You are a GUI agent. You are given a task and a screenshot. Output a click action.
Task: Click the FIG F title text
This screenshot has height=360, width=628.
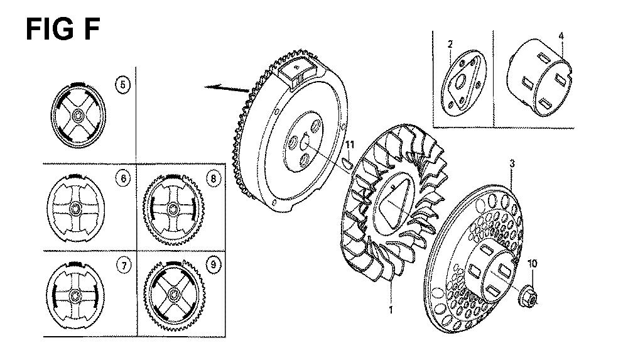pyautogui.click(x=62, y=30)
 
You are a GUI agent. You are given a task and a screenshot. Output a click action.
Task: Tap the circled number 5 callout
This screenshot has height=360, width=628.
pyautogui.click(x=122, y=85)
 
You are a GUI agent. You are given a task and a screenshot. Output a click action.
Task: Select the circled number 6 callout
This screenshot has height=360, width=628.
pyautogui.click(x=123, y=178)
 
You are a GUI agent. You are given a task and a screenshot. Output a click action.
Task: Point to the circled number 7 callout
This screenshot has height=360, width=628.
pyautogui.click(x=124, y=265)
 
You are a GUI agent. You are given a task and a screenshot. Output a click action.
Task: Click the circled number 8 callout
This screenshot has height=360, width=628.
pyautogui.click(x=213, y=178)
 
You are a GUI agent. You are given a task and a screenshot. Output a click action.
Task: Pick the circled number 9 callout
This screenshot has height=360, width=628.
pyautogui.click(x=213, y=265)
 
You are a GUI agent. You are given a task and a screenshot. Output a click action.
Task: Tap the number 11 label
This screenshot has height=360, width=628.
pyautogui.click(x=350, y=145)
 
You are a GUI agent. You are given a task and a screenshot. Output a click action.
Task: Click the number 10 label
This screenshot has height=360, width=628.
pyautogui.click(x=533, y=264)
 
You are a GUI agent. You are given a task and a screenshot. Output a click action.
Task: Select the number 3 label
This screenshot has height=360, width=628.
pyautogui.click(x=512, y=163)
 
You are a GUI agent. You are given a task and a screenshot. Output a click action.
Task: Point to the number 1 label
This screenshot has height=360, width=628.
pyautogui.click(x=391, y=310)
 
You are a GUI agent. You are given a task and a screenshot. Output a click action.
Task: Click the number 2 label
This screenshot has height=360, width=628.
pyautogui.click(x=450, y=44)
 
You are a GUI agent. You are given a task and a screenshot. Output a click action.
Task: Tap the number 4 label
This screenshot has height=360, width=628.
pyautogui.click(x=561, y=36)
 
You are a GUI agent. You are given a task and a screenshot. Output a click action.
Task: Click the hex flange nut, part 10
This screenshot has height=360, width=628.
pyautogui.click(x=528, y=297)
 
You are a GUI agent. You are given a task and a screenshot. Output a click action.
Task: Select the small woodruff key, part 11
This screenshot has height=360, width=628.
pyautogui.click(x=347, y=163)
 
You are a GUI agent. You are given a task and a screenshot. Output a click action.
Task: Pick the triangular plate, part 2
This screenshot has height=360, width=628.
pyautogui.click(x=463, y=83)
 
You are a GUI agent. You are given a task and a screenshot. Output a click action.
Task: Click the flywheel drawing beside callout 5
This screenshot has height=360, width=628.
pyautogui.click(x=78, y=116)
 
